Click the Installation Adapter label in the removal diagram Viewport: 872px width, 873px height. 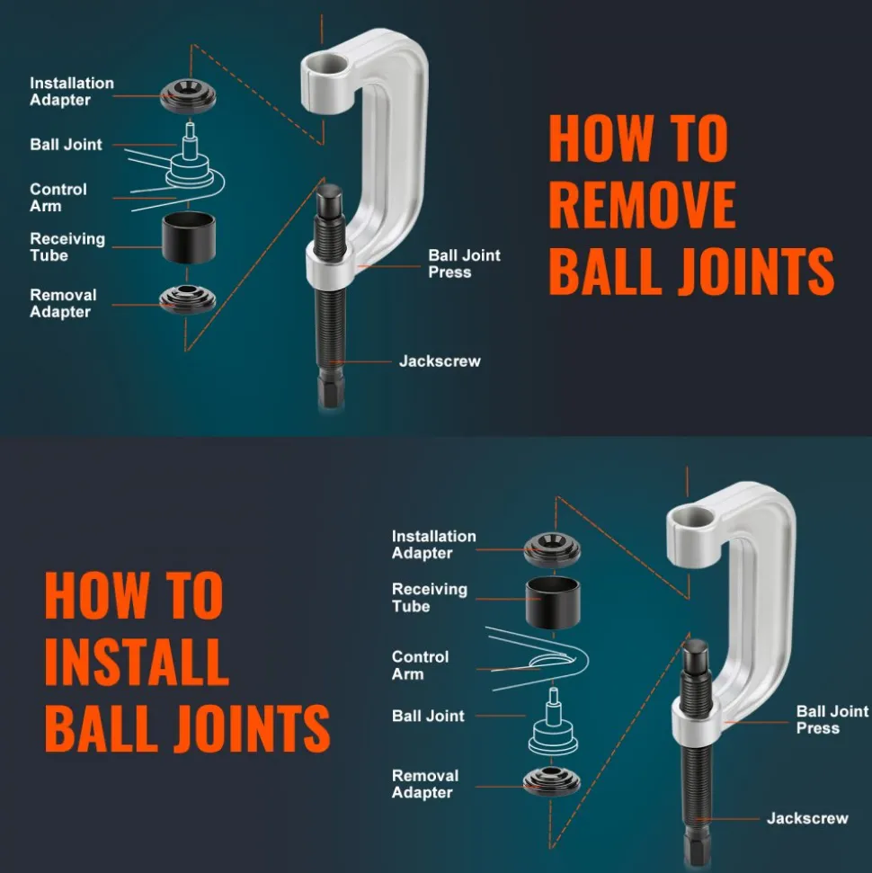tap(72, 92)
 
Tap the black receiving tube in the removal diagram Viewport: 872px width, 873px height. tap(189, 237)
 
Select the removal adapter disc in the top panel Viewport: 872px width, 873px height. tap(188, 299)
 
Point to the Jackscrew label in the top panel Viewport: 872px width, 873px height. tap(440, 361)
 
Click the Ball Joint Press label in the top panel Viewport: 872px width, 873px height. tap(465, 263)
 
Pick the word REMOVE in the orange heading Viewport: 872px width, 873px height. tap(643, 204)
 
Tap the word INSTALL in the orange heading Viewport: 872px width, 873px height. tap(137, 662)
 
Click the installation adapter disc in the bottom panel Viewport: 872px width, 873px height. tap(552, 549)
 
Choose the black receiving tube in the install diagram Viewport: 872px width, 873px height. tap(553, 603)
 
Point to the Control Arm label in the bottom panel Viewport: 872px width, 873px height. tap(421, 664)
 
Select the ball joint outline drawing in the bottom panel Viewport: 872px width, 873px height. tap(553, 722)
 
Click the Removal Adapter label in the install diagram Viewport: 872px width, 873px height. tap(425, 783)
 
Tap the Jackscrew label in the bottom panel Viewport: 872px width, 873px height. tap(807, 818)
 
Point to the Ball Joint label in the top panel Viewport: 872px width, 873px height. tap(67, 144)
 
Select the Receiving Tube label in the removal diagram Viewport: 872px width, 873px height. tap(67, 246)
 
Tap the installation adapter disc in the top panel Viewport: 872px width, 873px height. tap(188, 96)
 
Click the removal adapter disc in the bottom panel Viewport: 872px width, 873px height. tap(552, 781)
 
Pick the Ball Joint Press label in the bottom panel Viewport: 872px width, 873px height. tap(832, 719)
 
